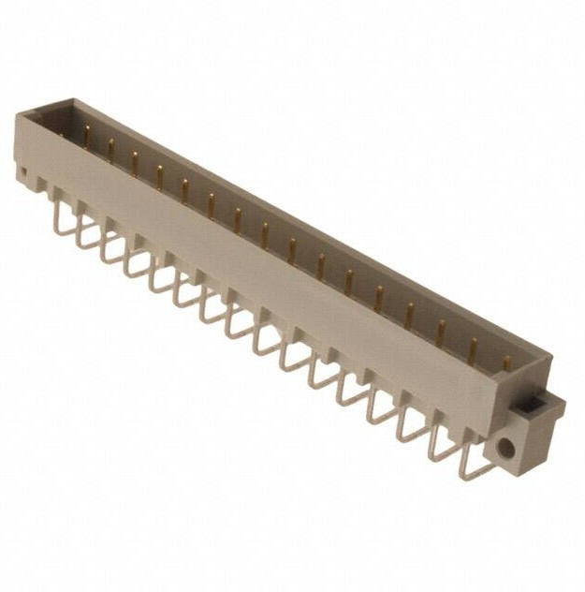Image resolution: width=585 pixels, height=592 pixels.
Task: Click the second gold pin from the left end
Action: pyautogui.click(x=110, y=149)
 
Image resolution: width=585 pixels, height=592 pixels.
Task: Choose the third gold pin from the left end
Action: pyautogui.click(x=135, y=161)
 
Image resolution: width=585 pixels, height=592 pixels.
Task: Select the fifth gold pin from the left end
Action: pyautogui.click(x=185, y=188)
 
